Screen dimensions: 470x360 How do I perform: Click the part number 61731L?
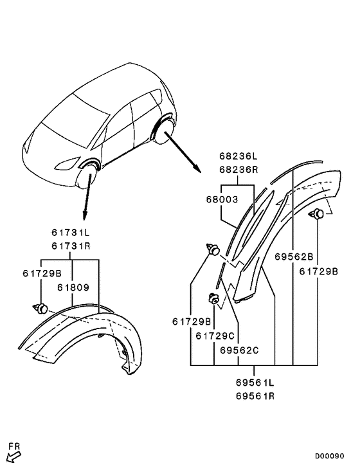71,232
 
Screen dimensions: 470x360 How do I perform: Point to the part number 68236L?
238,156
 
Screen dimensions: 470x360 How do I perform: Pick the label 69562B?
294,257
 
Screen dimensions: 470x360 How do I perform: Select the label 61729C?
216,335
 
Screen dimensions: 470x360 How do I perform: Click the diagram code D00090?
330,456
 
